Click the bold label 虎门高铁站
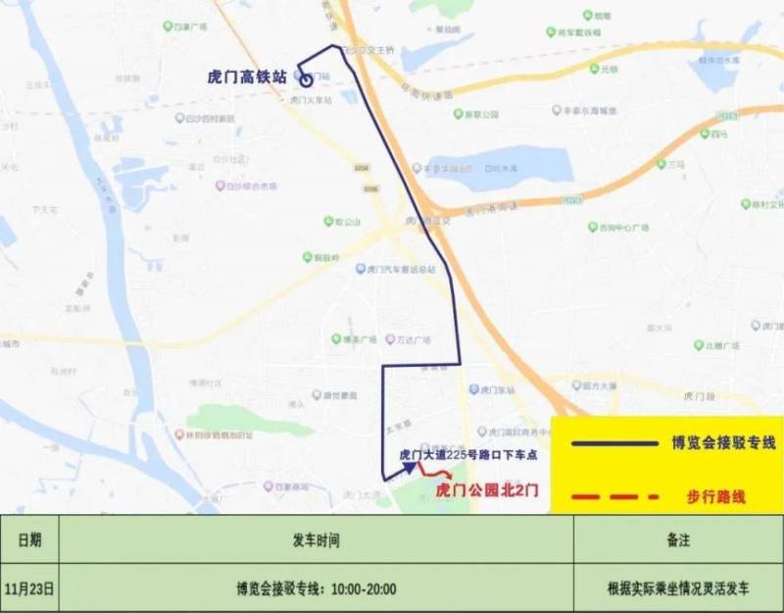click(x=246, y=76)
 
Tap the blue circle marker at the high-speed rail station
click(x=307, y=80)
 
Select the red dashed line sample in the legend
click(x=607, y=496)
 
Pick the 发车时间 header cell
click(x=316, y=538)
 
